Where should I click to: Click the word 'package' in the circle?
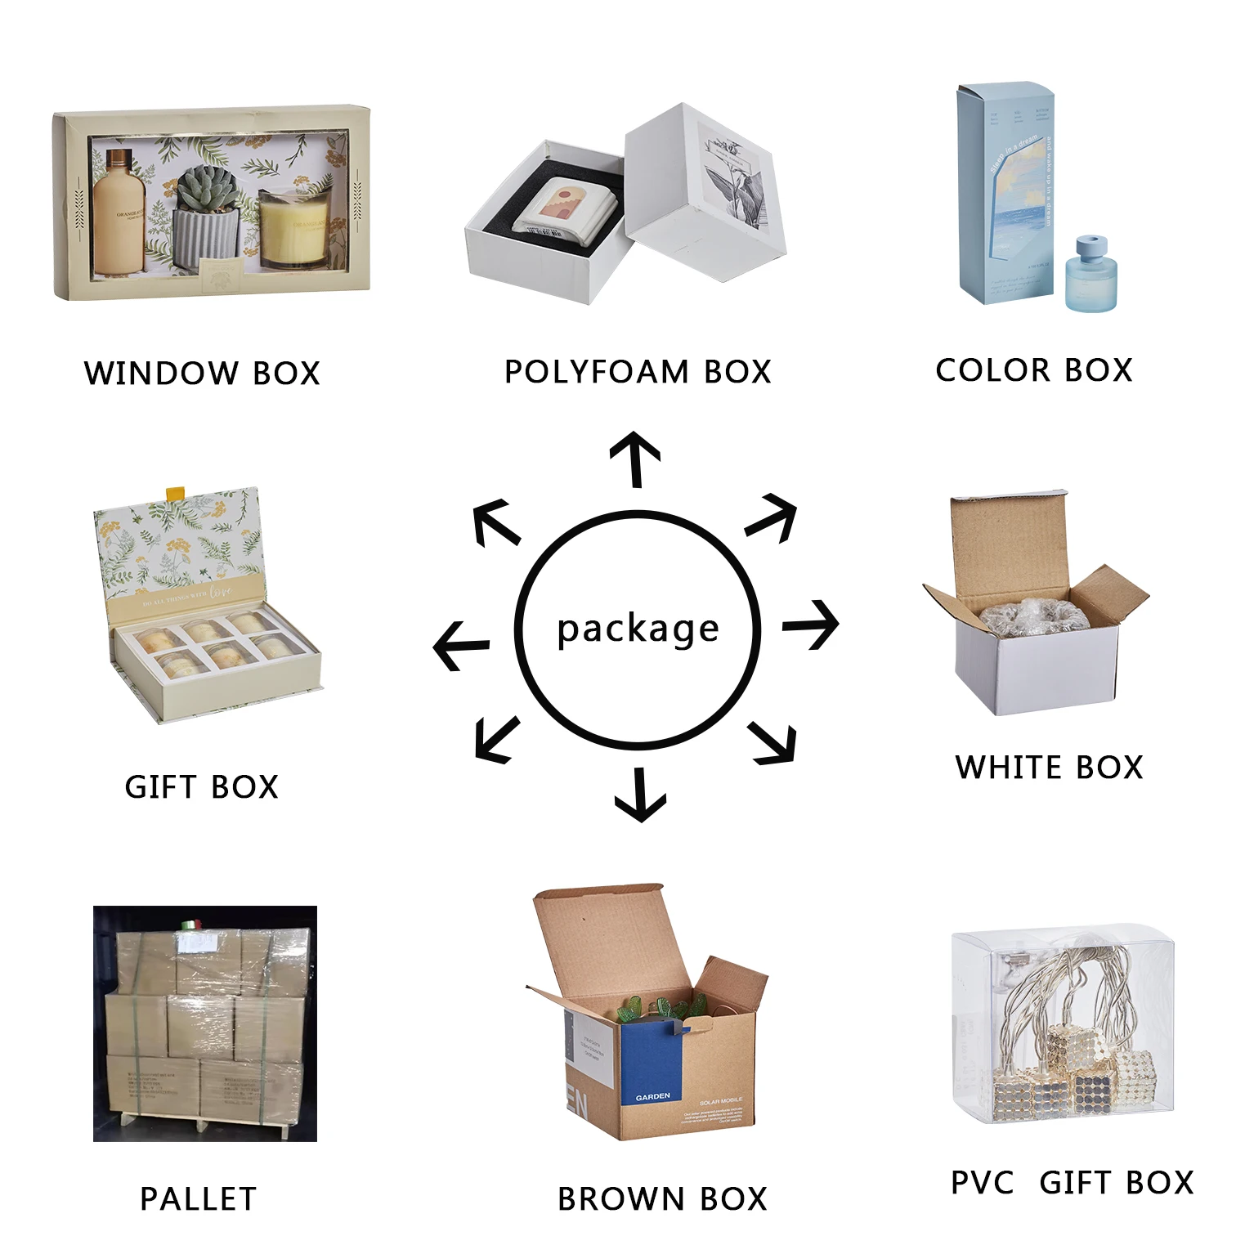coord(638,629)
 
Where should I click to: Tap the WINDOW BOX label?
coord(202,374)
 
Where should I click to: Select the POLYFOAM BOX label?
coord(638,372)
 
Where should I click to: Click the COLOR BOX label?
coord(1034,370)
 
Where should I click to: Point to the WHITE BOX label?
coord(1049,768)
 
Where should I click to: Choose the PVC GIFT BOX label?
coord(1072,1183)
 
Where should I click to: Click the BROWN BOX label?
coord(662,1199)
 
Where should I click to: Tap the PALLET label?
coord(199,1199)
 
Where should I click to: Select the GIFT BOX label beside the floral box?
coord(202,787)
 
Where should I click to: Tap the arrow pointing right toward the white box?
coord(811,625)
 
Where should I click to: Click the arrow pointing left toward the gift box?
coord(461,646)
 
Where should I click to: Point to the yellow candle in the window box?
coord(292,231)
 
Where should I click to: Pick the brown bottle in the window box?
coord(119,213)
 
